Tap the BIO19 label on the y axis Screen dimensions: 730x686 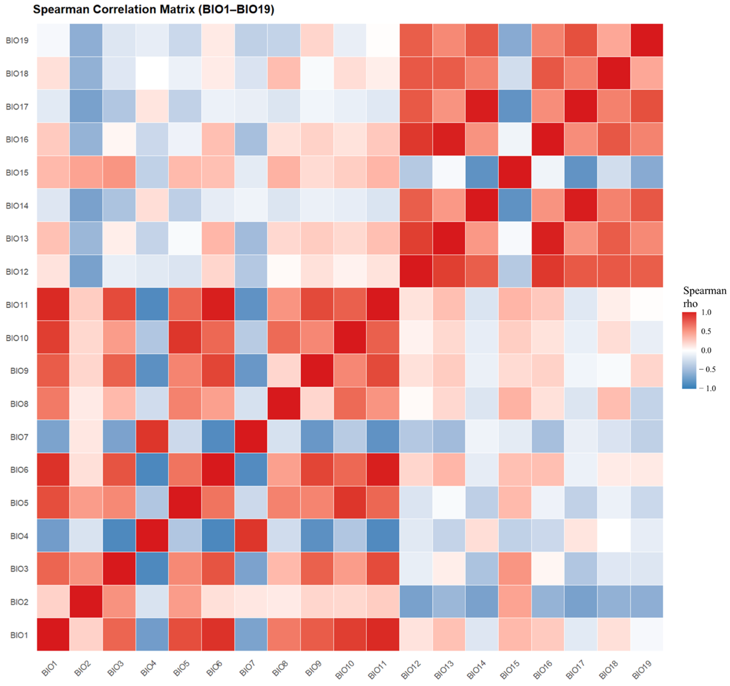[17, 40]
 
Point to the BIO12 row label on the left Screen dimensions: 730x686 [17, 272]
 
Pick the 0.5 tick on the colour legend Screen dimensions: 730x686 [706, 331]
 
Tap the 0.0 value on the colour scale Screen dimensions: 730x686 [706, 350]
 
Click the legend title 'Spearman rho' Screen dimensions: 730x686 [704, 297]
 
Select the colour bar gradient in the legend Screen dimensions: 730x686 [689, 350]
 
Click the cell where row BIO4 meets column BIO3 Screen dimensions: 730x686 [119, 536]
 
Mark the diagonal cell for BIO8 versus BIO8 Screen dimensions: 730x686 [284, 404]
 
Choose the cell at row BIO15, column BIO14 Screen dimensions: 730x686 [482, 172]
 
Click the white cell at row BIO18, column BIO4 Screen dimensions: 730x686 [152, 73]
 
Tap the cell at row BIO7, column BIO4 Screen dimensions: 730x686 [152, 436]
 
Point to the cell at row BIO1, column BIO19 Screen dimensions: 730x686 [647, 635]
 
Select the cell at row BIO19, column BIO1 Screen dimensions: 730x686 [53, 40]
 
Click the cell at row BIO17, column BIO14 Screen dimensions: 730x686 [482, 106]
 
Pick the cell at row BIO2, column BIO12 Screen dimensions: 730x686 [416, 602]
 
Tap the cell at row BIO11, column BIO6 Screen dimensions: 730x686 [218, 304]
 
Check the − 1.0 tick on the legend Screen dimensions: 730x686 [708, 389]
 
